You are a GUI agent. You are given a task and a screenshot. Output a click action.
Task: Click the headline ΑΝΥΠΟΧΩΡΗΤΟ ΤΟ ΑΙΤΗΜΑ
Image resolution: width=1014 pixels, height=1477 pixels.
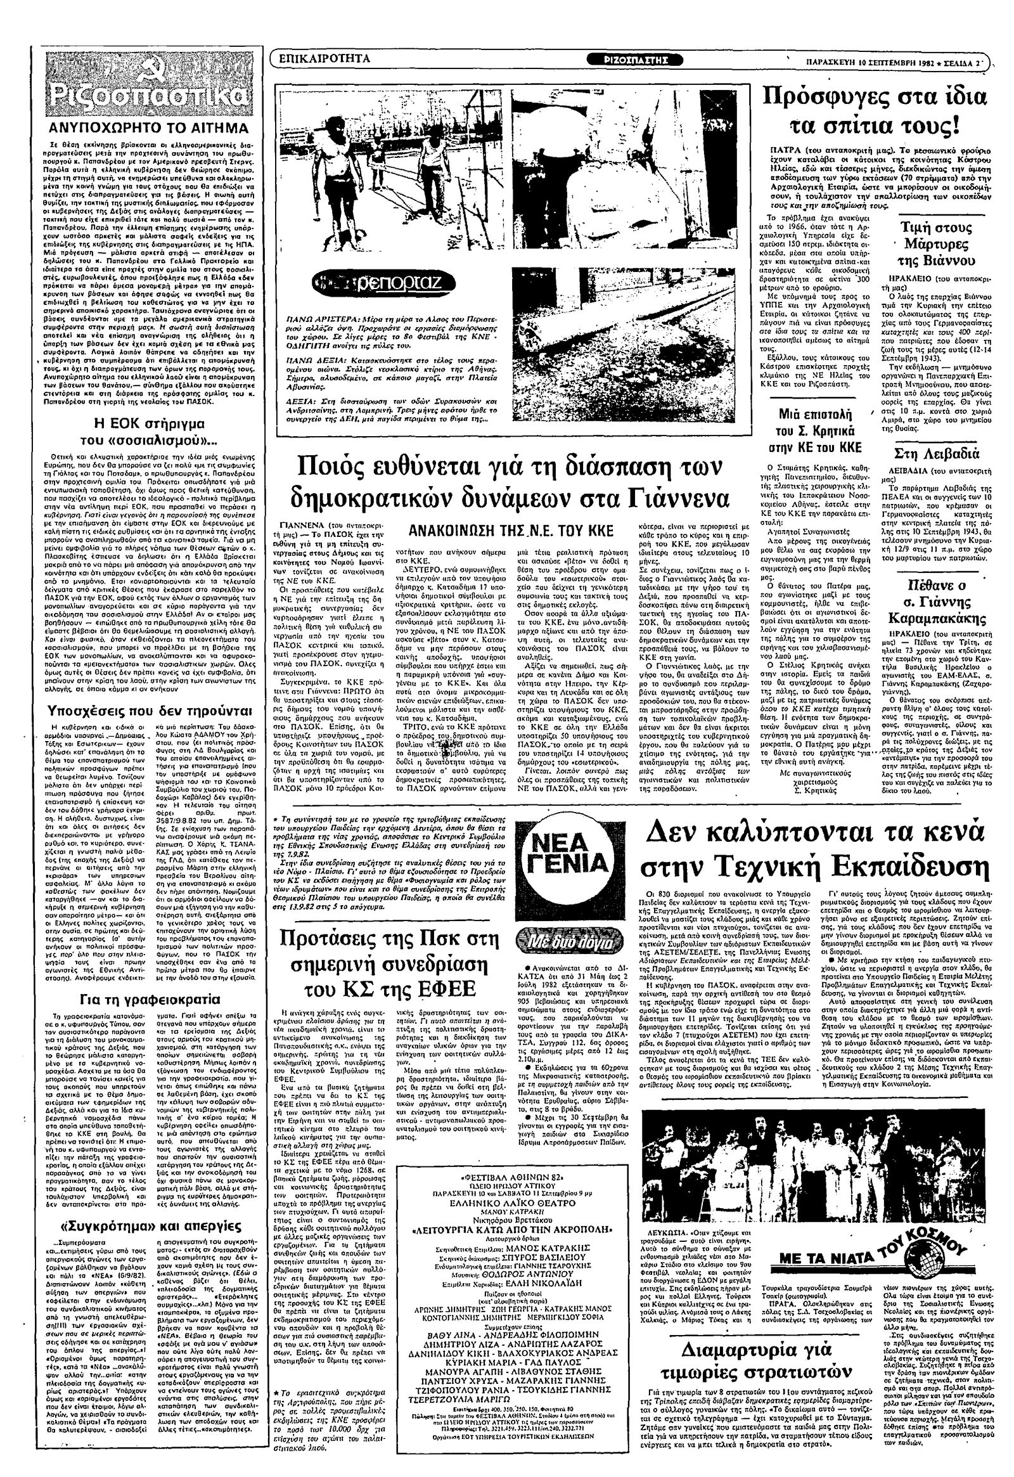coord(148,128)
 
